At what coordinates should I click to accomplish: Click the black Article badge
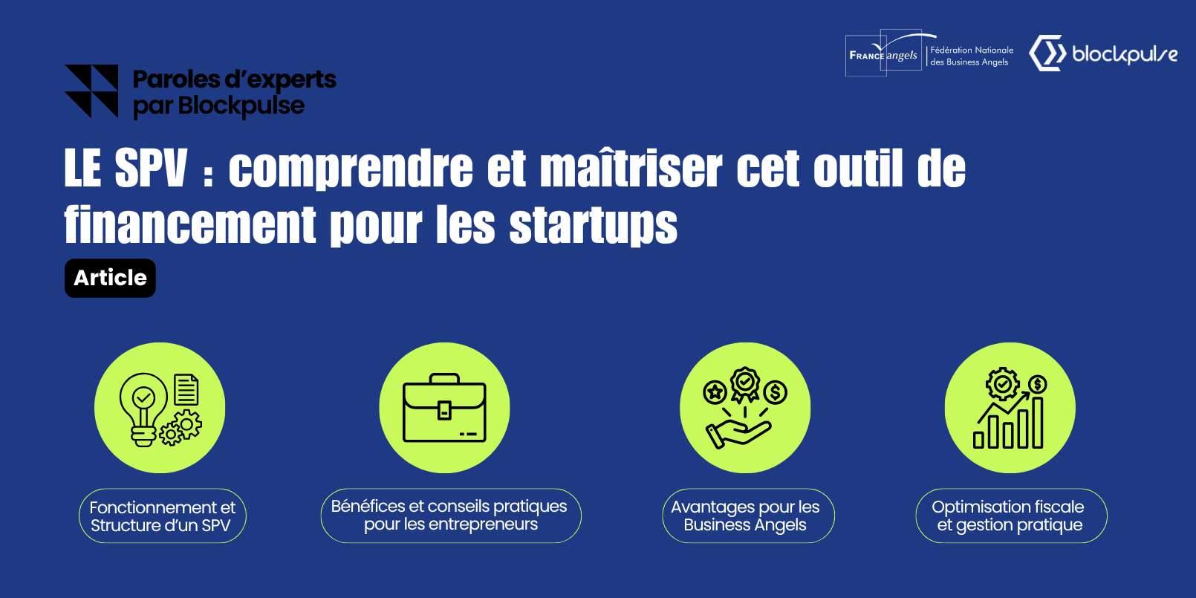coord(110,278)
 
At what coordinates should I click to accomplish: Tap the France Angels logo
coord(884,54)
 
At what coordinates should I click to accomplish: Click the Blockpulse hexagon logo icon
coord(1047,53)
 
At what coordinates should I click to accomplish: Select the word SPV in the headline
coord(151,168)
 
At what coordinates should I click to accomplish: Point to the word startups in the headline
coord(593,224)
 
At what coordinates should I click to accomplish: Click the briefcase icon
coord(444,408)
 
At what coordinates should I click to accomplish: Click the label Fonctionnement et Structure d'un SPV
coord(162,516)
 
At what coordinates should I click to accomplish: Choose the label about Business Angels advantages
coord(747,516)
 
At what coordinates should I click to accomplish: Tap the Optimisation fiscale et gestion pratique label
coord(1010,516)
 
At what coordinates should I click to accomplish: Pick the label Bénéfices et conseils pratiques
coord(450,515)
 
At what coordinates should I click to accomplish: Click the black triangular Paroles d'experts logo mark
coord(91,91)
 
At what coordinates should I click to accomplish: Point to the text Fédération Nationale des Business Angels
coord(972,56)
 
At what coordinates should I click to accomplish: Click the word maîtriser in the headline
coord(630,168)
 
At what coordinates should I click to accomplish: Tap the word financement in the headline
coord(190,224)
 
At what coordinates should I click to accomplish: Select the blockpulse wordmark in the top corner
coord(1124,54)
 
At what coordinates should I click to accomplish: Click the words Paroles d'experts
coord(234,79)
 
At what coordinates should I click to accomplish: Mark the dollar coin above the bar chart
coord(1038,384)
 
